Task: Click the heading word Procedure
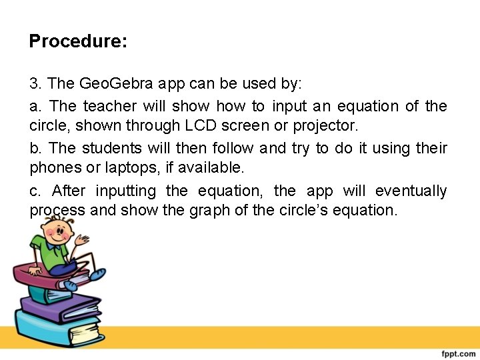[x=77, y=42]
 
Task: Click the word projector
[x=325, y=125]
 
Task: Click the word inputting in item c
[x=126, y=191]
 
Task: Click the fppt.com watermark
[x=457, y=352]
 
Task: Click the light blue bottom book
[x=50, y=331]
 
